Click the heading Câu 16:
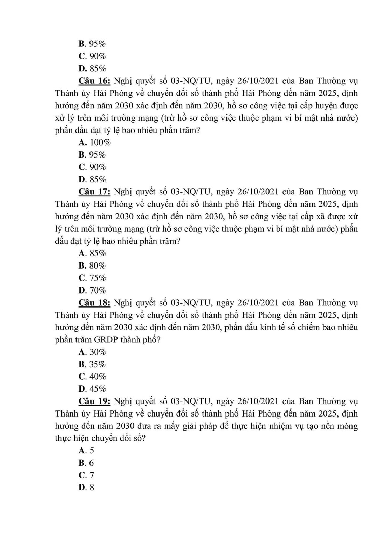pyautogui.click(x=94, y=81)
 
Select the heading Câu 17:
pyautogui.click(x=94, y=192)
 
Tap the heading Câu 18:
pyautogui.click(x=94, y=303)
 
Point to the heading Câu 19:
pyautogui.click(x=94, y=401)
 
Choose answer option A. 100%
pyautogui.click(x=95, y=142)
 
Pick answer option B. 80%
pyautogui.click(x=92, y=266)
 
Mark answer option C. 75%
pyautogui.click(x=92, y=278)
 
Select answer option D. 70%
pyautogui.click(x=92, y=290)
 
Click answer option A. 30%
pyautogui.click(x=92, y=352)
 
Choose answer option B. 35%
pyautogui.click(x=92, y=364)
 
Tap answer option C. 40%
pyautogui.click(x=92, y=377)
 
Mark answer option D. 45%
pyautogui.click(x=92, y=389)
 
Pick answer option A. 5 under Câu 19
pyautogui.click(x=86, y=451)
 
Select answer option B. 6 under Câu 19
pyautogui.click(x=86, y=463)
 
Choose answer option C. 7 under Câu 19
pyautogui.click(x=86, y=475)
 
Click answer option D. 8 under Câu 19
pyautogui.click(x=86, y=488)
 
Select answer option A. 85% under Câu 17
pyautogui.click(x=92, y=254)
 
